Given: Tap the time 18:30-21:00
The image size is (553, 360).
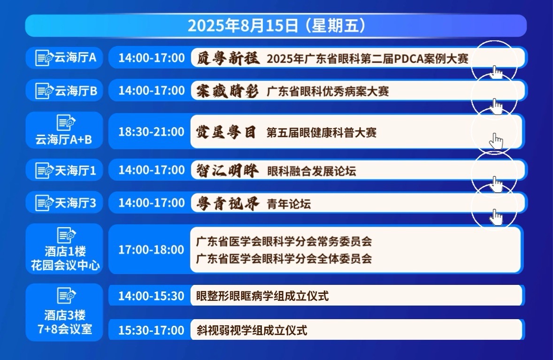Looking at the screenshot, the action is (151, 131).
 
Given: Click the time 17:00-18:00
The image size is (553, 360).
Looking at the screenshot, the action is (151, 250).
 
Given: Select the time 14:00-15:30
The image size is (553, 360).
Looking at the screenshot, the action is (151, 296).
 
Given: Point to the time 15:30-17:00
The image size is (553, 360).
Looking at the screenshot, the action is (151, 330).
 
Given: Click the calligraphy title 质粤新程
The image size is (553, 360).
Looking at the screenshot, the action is (228, 58).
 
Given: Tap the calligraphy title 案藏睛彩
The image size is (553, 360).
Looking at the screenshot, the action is (228, 91).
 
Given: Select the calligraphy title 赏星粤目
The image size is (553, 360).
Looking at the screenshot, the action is (226, 132).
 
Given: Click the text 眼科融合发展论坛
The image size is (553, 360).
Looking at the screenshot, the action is (311, 171).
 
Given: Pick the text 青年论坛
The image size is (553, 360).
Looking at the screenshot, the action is (289, 204).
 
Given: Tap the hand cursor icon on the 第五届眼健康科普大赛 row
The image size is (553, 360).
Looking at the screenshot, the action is (496, 141).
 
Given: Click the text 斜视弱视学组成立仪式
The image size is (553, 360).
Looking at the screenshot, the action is (252, 330).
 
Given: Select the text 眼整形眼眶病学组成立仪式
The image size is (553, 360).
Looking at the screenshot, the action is (262, 296).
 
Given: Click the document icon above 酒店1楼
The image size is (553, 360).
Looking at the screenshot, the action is (66, 235).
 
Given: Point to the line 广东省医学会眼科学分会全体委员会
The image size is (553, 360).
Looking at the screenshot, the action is (284, 259).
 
